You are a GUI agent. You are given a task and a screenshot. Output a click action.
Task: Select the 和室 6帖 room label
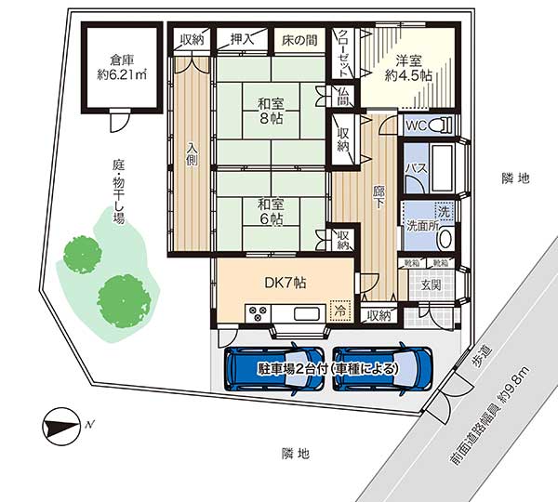click(270, 211)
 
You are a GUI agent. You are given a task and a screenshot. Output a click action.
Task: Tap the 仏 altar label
click(343, 96)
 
